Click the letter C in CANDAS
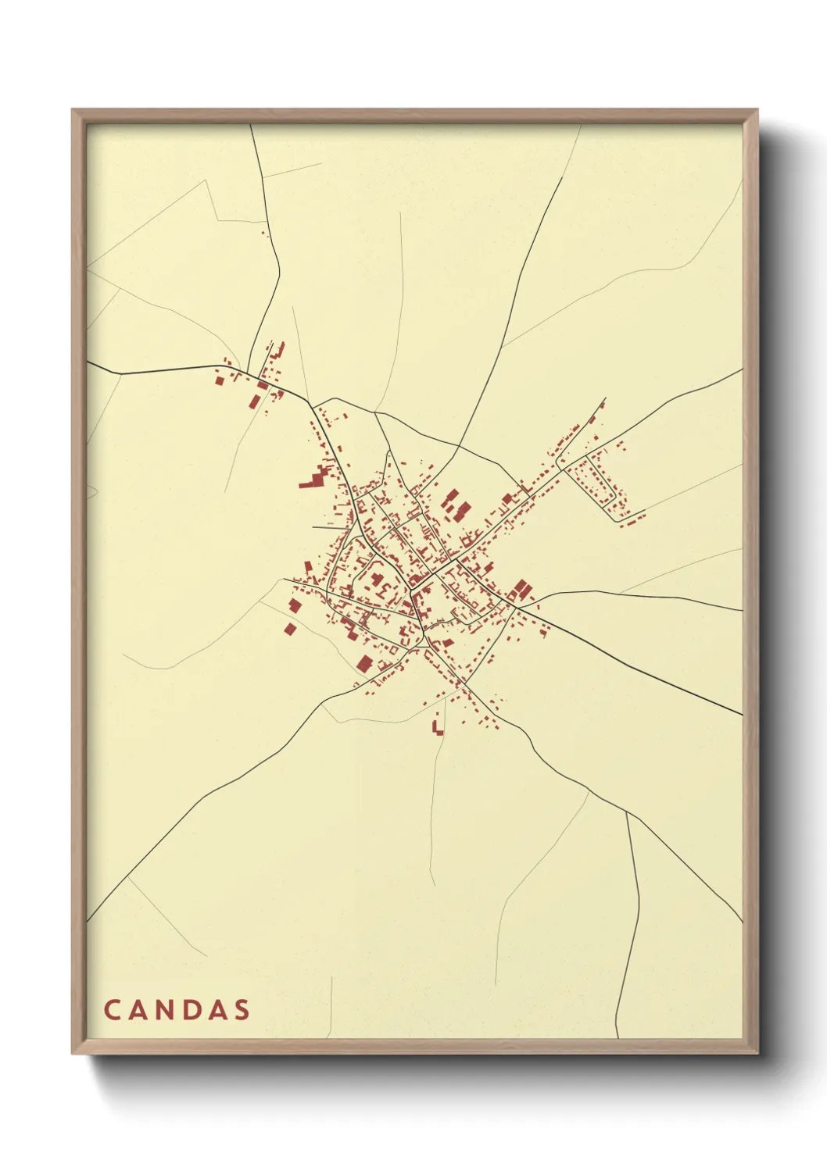(111, 1010)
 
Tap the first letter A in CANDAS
(138, 1010)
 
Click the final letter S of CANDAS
(243, 1010)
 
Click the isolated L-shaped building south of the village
(437, 728)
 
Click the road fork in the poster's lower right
(627, 813)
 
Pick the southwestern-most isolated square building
(290, 628)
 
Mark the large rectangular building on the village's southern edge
(364, 664)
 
